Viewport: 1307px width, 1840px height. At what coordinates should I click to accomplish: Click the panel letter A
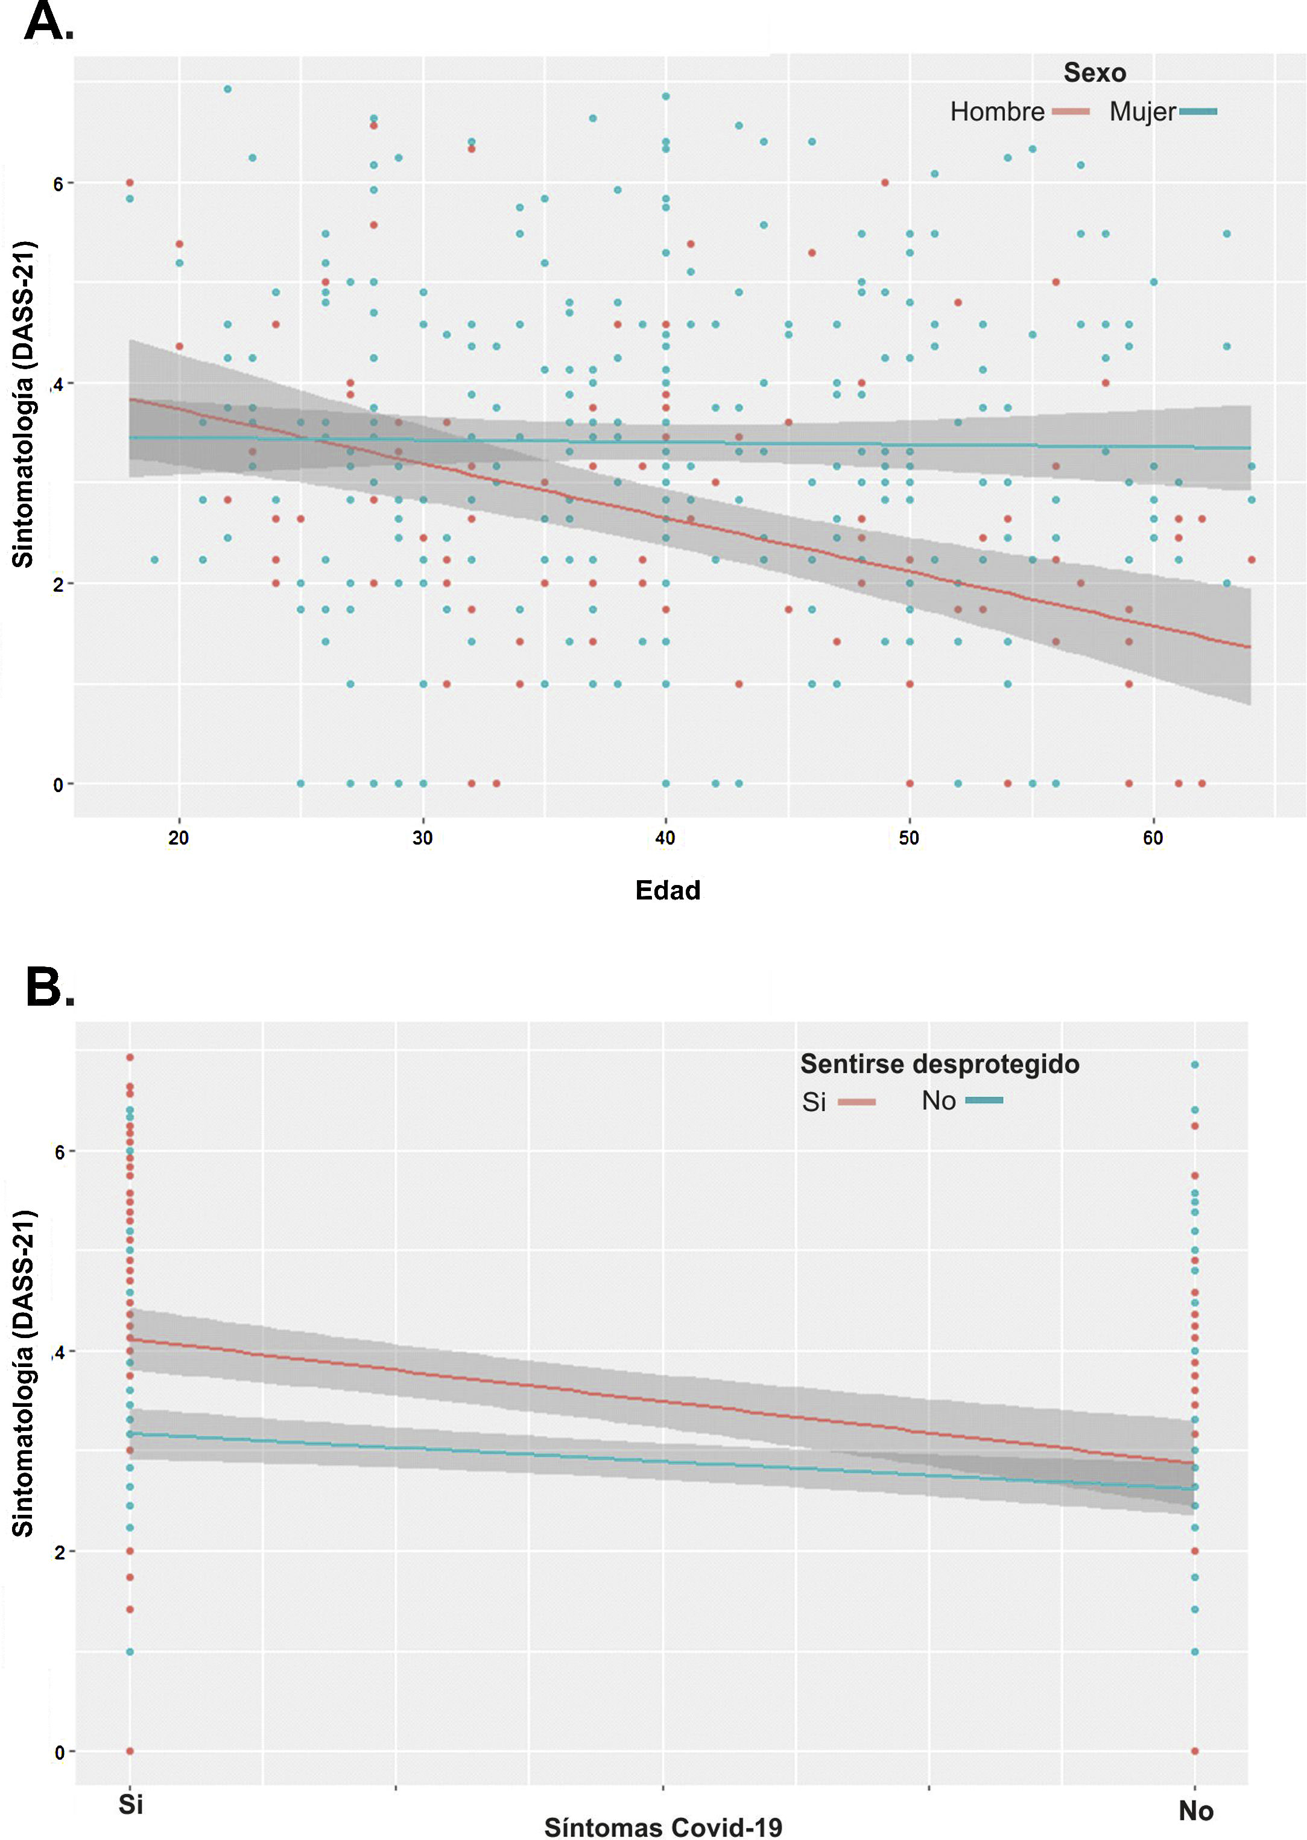pos(48,22)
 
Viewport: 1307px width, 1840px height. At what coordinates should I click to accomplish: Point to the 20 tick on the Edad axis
pos(179,838)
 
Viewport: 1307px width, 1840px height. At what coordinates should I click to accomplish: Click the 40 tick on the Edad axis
pos(665,838)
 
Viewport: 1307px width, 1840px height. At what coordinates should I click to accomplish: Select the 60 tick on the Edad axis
pos(1153,838)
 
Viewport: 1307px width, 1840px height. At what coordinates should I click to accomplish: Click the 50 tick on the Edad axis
pos(908,838)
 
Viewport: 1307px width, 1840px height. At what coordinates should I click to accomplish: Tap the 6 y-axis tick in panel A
pos(58,185)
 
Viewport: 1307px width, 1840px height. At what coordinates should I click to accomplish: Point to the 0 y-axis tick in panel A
pos(58,785)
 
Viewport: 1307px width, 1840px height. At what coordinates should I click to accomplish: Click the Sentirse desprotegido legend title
pos(939,1064)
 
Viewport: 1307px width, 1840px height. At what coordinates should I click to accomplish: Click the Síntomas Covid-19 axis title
pos(663,1827)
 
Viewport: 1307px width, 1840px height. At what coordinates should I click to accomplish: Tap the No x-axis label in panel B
pos(1195,1811)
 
